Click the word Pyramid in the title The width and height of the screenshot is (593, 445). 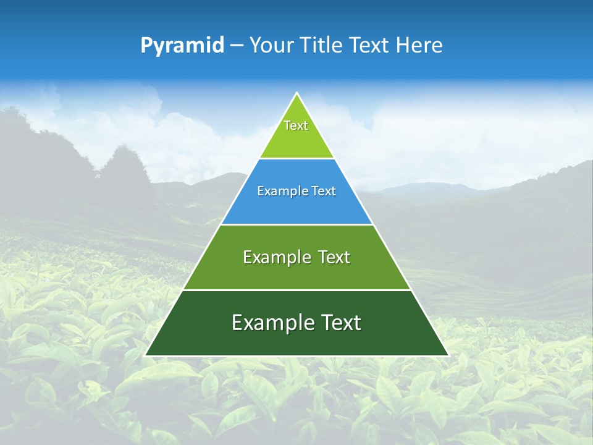pos(182,46)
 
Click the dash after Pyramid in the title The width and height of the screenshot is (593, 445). pos(237,46)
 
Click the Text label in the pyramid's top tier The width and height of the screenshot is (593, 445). pos(296,125)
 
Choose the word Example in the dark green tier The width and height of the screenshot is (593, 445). pos(269,323)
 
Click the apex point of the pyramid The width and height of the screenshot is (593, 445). pos(296,93)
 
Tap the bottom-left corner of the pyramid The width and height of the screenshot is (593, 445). pos(146,355)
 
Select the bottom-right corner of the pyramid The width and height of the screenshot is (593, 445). pos(448,355)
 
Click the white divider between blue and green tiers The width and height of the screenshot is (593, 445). pos(296,224)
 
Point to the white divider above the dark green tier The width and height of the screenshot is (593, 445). pos(296,290)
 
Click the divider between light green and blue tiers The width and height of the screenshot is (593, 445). pos(296,158)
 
